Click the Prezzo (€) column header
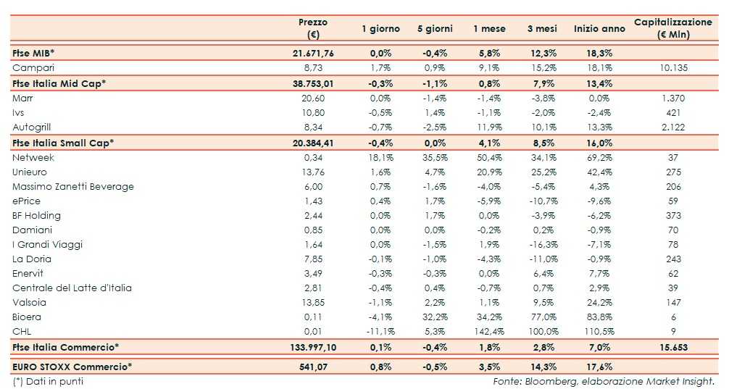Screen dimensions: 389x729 click(x=313, y=28)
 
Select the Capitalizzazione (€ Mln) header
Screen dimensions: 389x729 click(x=673, y=28)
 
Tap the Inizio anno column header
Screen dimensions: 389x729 click(x=599, y=29)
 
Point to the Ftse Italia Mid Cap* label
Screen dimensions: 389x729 click(x=59, y=83)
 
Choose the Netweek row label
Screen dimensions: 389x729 click(x=33, y=157)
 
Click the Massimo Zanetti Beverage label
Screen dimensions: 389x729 click(x=73, y=186)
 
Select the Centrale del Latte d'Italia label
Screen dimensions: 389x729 click(x=72, y=288)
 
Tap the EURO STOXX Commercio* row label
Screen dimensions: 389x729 click(x=72, y=366)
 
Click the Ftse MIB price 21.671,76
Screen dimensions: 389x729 click(x=313, y=53)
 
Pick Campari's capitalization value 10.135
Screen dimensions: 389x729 click(x=673, y=67)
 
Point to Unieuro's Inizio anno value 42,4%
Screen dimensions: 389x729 click(x=599, y=172)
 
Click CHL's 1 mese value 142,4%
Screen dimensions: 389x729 click(x=487, y=331)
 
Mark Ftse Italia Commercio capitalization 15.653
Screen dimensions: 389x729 click(x=673, y=348)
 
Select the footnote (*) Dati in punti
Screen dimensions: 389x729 click(x=48, y=381)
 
